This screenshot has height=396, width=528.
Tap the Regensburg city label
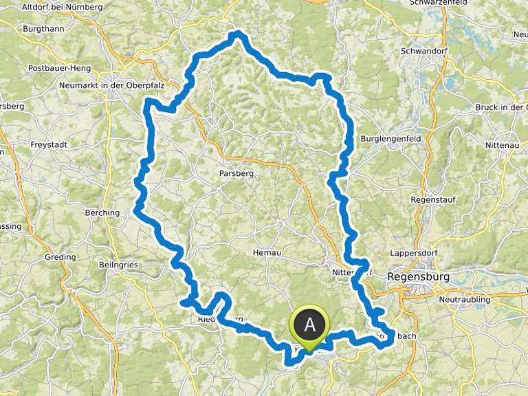(419, 276)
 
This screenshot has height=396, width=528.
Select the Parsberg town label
(236, 173)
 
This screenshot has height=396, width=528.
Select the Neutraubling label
(464, 300)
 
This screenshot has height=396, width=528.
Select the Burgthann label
(43, 30)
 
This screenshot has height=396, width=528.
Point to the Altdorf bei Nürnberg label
(61, 7)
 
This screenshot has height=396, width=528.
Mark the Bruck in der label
(501, 107)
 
